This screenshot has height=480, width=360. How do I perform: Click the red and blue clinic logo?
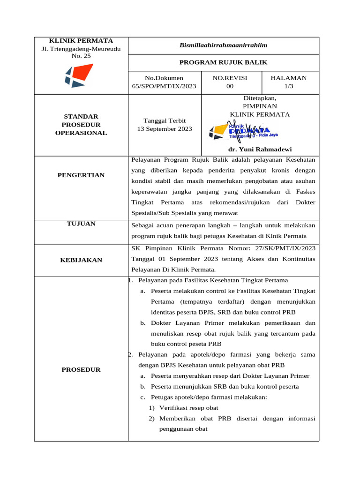tap(78, 75)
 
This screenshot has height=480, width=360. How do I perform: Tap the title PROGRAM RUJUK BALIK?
tap(224, 62)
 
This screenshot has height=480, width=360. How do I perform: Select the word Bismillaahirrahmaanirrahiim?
tap(223, 45)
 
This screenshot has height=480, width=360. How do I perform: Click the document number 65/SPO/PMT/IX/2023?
tap(164, 86)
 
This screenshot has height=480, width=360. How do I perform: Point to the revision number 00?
tap(230, 86)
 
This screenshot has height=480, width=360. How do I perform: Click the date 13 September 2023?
tap(164, 129)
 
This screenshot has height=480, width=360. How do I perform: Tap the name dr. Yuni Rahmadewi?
tap(260, 149)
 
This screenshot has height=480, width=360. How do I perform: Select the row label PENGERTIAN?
tap(81, 175)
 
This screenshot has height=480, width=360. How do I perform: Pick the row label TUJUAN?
tap(81, 224)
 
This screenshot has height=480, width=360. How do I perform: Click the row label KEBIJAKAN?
tap(81, 260)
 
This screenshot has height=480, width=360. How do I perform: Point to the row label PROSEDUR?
tap(81, 369)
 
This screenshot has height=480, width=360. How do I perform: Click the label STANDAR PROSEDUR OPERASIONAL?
tap(81, 124)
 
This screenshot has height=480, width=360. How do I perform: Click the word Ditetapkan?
tap(260, 98)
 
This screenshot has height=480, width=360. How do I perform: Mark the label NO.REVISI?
tap(230, 78)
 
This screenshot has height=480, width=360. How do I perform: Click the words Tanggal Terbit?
tap(164, 120)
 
